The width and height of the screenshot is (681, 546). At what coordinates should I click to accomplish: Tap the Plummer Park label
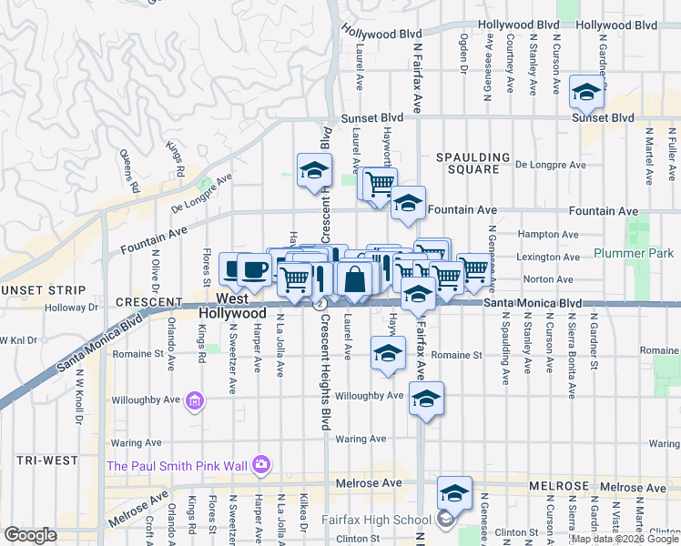(x=634, y=253)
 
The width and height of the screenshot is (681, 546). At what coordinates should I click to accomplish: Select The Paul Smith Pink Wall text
(x=178, y=466)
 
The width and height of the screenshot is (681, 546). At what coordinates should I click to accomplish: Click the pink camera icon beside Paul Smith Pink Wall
(x=261, y=465)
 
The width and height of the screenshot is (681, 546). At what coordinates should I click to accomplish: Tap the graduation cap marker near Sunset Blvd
(x=586, y=92)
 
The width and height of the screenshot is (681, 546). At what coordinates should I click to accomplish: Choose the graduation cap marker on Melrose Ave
(x=454, y=493)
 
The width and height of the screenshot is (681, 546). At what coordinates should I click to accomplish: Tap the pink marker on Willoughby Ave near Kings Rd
(x=193, y=399)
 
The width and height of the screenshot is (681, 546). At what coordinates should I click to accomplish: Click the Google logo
(x=31, y=535)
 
